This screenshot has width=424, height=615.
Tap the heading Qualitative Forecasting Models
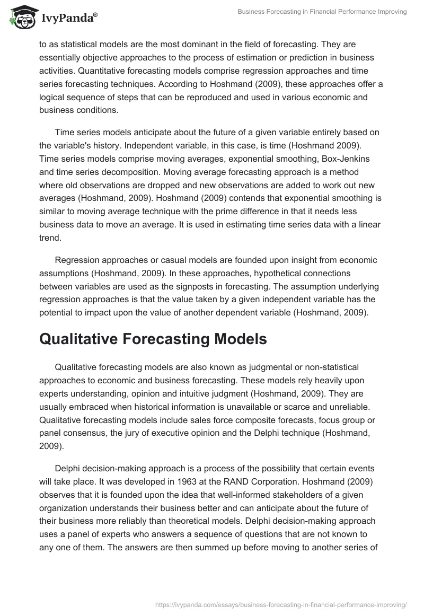pyautogui.click(x=153, y=339)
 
